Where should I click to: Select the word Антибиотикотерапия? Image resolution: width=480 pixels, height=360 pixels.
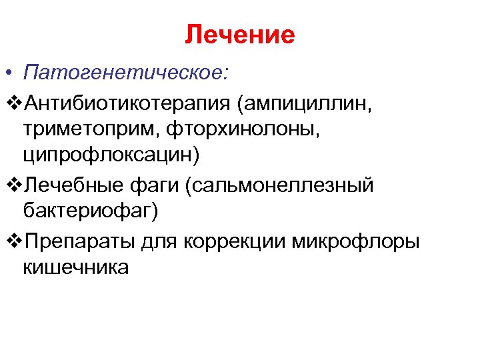(x=130, y=104)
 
